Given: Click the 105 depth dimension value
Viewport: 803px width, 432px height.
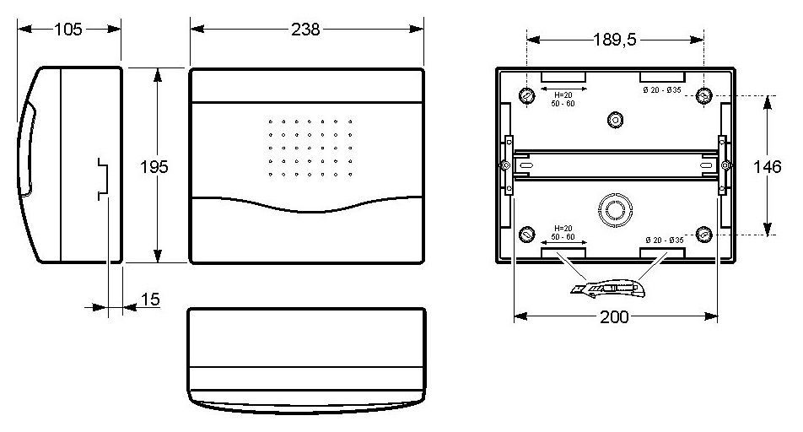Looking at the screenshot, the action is [x=68, y=30].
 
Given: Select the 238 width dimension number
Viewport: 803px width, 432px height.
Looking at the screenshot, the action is [x=305, y=30].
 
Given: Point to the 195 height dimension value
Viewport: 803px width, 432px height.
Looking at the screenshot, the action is [x=154, y=166].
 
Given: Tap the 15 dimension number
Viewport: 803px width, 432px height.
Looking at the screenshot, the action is [x=150, y=299].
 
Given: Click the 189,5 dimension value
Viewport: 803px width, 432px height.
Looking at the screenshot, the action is [x=615, y=40].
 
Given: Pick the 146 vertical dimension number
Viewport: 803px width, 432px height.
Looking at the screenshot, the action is [x=768, y=166].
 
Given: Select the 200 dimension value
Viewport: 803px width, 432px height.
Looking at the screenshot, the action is [x=614, y=316].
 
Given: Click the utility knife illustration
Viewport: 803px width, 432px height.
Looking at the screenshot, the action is [x=608, y=289].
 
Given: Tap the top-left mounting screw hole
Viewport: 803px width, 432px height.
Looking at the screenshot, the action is [x=527, y=95].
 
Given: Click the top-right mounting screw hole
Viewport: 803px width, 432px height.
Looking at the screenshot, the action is [x=704, y=95].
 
